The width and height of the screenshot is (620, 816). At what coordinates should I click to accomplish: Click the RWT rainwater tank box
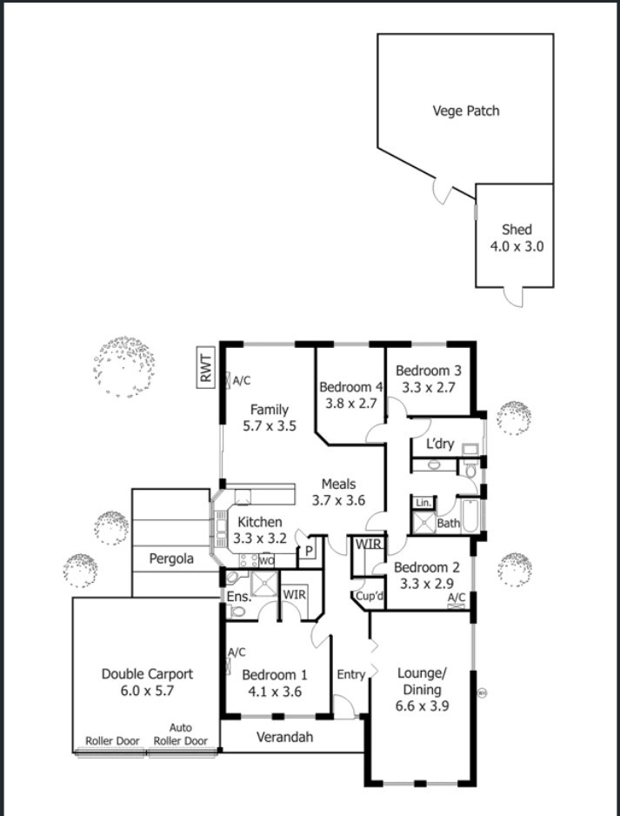point(206,367)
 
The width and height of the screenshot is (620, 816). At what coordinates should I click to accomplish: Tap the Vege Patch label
point(466,110)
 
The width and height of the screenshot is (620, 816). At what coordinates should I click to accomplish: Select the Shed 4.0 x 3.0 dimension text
point(517,246)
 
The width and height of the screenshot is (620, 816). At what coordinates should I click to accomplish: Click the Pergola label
point(171,558)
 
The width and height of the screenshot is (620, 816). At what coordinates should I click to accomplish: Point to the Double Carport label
point(147,674)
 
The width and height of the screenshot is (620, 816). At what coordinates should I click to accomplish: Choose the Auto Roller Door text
point(181,734)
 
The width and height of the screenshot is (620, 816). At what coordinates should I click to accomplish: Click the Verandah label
point(285,737)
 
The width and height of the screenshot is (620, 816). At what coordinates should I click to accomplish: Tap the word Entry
point(350,675)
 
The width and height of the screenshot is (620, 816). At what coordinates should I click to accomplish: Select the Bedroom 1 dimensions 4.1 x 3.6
point(275,692)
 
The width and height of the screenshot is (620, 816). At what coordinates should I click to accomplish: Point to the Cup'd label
point(370,597)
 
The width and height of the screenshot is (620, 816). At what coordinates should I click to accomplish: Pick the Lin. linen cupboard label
point(423,503)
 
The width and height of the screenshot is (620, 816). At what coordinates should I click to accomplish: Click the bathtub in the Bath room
point(470,515)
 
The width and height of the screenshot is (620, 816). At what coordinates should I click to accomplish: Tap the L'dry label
point(440,445)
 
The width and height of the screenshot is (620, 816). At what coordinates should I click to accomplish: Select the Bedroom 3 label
point(429,371)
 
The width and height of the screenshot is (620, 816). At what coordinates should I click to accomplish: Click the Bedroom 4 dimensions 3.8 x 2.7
point(351,404)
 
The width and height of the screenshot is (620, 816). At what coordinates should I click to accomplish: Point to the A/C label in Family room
point(242,381)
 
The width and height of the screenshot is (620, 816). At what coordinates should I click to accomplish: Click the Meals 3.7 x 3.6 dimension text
point(338,500)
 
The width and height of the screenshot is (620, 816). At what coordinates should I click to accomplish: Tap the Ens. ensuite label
point(239,598)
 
